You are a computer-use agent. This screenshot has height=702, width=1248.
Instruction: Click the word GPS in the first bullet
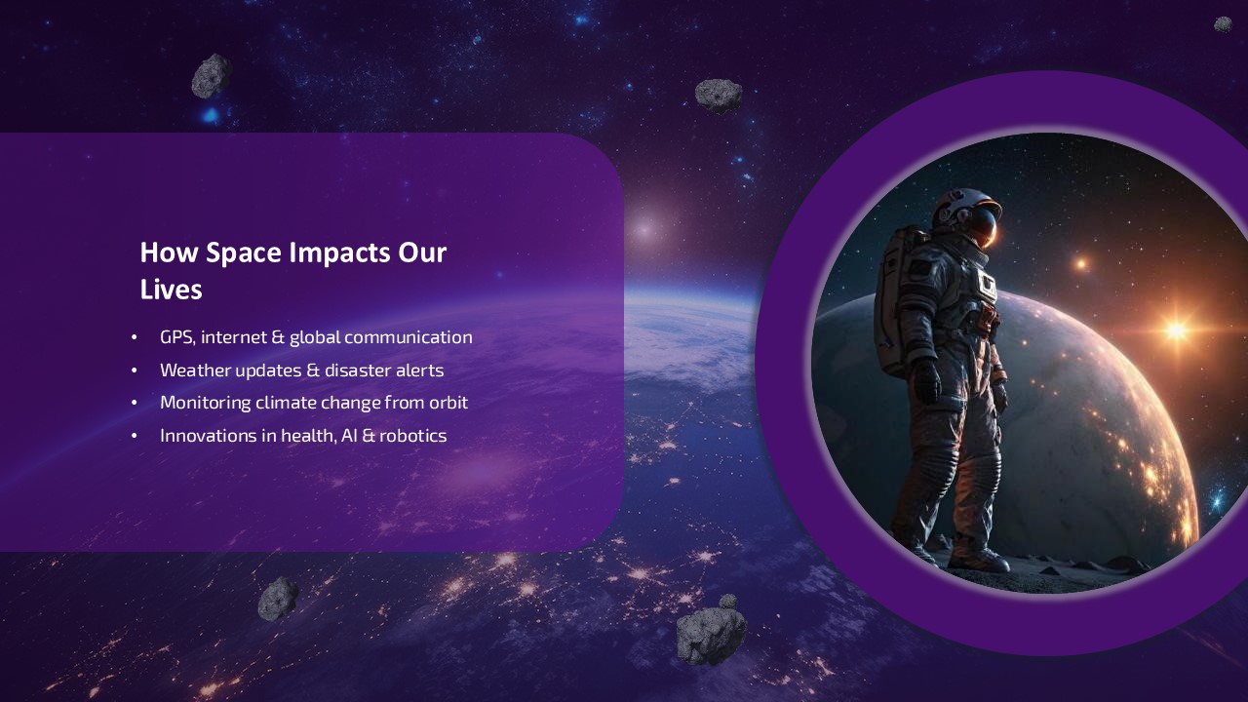point(177,337)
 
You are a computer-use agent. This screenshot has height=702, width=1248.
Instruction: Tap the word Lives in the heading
point(171,290)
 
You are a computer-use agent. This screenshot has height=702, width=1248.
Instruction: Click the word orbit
point(448,403)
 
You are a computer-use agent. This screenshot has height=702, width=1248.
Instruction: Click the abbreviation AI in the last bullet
point(350,436)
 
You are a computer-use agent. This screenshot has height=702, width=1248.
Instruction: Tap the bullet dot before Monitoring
point(135,404)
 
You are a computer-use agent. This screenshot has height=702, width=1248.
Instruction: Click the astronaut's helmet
point(969,214)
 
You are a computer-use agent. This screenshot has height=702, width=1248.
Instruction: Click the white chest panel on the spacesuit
point(986,285)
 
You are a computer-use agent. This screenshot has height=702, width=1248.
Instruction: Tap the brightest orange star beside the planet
point(1177,330)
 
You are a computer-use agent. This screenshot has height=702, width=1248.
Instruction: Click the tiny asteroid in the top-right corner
point(1223,24)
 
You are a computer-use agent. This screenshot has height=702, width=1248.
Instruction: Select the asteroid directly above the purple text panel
point(211,76)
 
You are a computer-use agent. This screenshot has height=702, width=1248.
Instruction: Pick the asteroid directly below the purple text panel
point(278,599)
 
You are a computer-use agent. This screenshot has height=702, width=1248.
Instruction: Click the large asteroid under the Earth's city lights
point(711,633)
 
